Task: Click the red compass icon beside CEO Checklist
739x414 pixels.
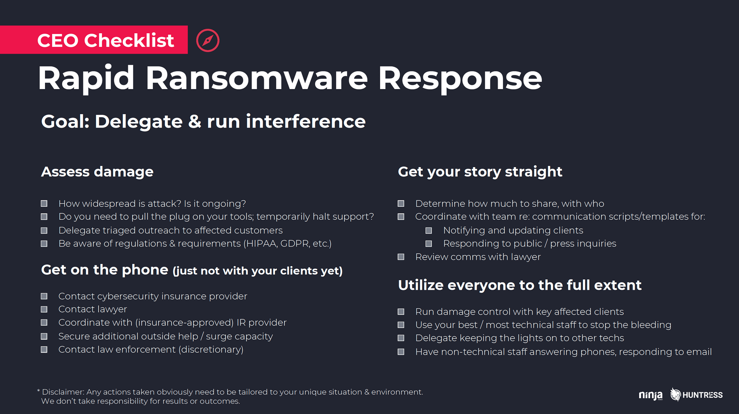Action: click(x=208, y=40)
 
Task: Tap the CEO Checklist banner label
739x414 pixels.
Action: click(x=105, y=40)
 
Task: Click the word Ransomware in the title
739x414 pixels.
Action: click(x=257, y=78)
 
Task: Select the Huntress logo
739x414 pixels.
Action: click(x=697, y=395)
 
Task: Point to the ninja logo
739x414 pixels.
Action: click(x=651, y=395)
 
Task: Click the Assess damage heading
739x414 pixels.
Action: click(x=97, y=172)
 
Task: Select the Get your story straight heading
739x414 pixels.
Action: click(x=480, y=172)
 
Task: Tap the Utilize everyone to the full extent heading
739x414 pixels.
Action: click(x=520, y=285)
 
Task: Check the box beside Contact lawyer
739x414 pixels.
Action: click(x=44, y=309)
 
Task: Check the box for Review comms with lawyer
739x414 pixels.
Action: click(x=401, y=257)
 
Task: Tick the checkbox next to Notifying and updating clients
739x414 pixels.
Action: click(x=429, y=230)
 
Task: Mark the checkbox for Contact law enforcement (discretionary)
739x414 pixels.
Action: click(x=44, y=349)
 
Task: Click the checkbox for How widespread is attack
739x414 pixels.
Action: click(x=44, y=203)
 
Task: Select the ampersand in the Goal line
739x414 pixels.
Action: click(x=195, y=122)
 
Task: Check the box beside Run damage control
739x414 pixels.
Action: click(x=401, y=312)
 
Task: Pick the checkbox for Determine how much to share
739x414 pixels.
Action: click(x=401, y=203)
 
